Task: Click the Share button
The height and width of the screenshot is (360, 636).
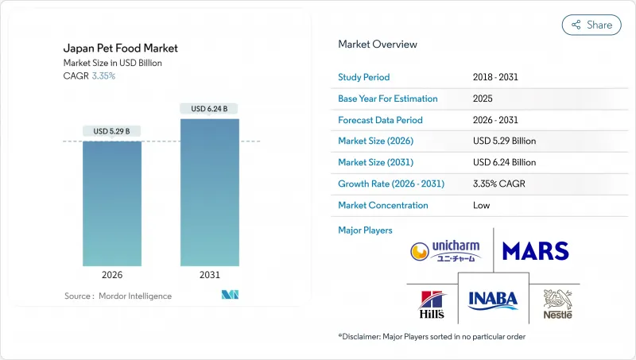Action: tap(591, 25)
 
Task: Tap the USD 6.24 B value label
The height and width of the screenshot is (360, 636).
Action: tap(210, 109)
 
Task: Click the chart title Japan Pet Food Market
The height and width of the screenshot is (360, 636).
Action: tap(121, 48)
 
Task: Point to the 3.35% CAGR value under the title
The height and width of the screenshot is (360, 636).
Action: tap(103, 76)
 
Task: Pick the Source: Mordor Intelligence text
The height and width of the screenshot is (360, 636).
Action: tap(118, 296)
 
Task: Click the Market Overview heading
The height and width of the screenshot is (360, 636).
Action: tap(378, 45)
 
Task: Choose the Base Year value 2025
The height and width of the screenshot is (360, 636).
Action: tap(483, 99)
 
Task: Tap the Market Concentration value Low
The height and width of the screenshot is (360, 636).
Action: tap(482, 205)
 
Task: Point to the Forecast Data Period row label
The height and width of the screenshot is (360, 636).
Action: tap(380, 120)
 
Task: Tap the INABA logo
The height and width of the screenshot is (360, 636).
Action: tap(493, 300)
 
